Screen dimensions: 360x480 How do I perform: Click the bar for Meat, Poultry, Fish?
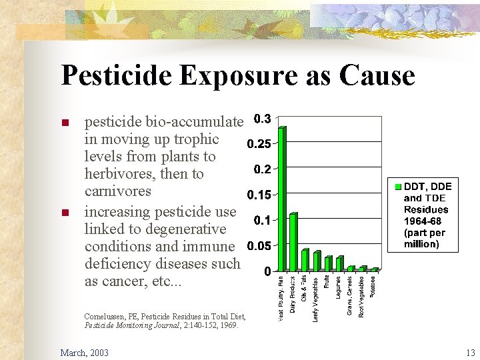coord(281,199)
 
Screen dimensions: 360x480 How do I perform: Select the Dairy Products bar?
coord(293,242)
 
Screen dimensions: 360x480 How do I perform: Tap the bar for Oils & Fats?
coord(305,260)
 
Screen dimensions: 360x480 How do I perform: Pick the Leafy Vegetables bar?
coord(317,261)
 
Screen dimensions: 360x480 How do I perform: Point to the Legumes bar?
coord(339,264)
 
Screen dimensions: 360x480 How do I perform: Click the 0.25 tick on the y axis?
coord(259,144)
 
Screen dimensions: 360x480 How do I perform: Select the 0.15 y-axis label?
coord(259,195)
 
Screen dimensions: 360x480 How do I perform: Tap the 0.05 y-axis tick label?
coord(259,246)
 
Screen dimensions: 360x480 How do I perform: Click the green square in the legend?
coord(397,186)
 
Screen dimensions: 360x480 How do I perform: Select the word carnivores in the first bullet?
coord(118,191)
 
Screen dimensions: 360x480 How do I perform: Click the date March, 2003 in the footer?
coord(84,352)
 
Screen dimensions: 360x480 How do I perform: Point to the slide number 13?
coord(470,352)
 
